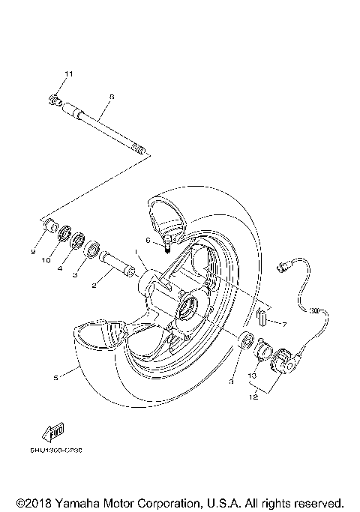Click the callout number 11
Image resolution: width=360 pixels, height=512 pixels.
click(68, 73)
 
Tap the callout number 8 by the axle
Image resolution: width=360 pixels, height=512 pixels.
click(111, 96)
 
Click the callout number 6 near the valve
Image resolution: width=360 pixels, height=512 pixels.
click(148, 241)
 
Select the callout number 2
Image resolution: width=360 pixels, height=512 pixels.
click(95, 286)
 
